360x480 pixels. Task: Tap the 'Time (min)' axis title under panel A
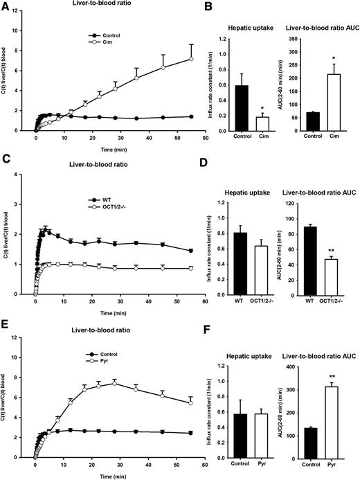tap(116, 148)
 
